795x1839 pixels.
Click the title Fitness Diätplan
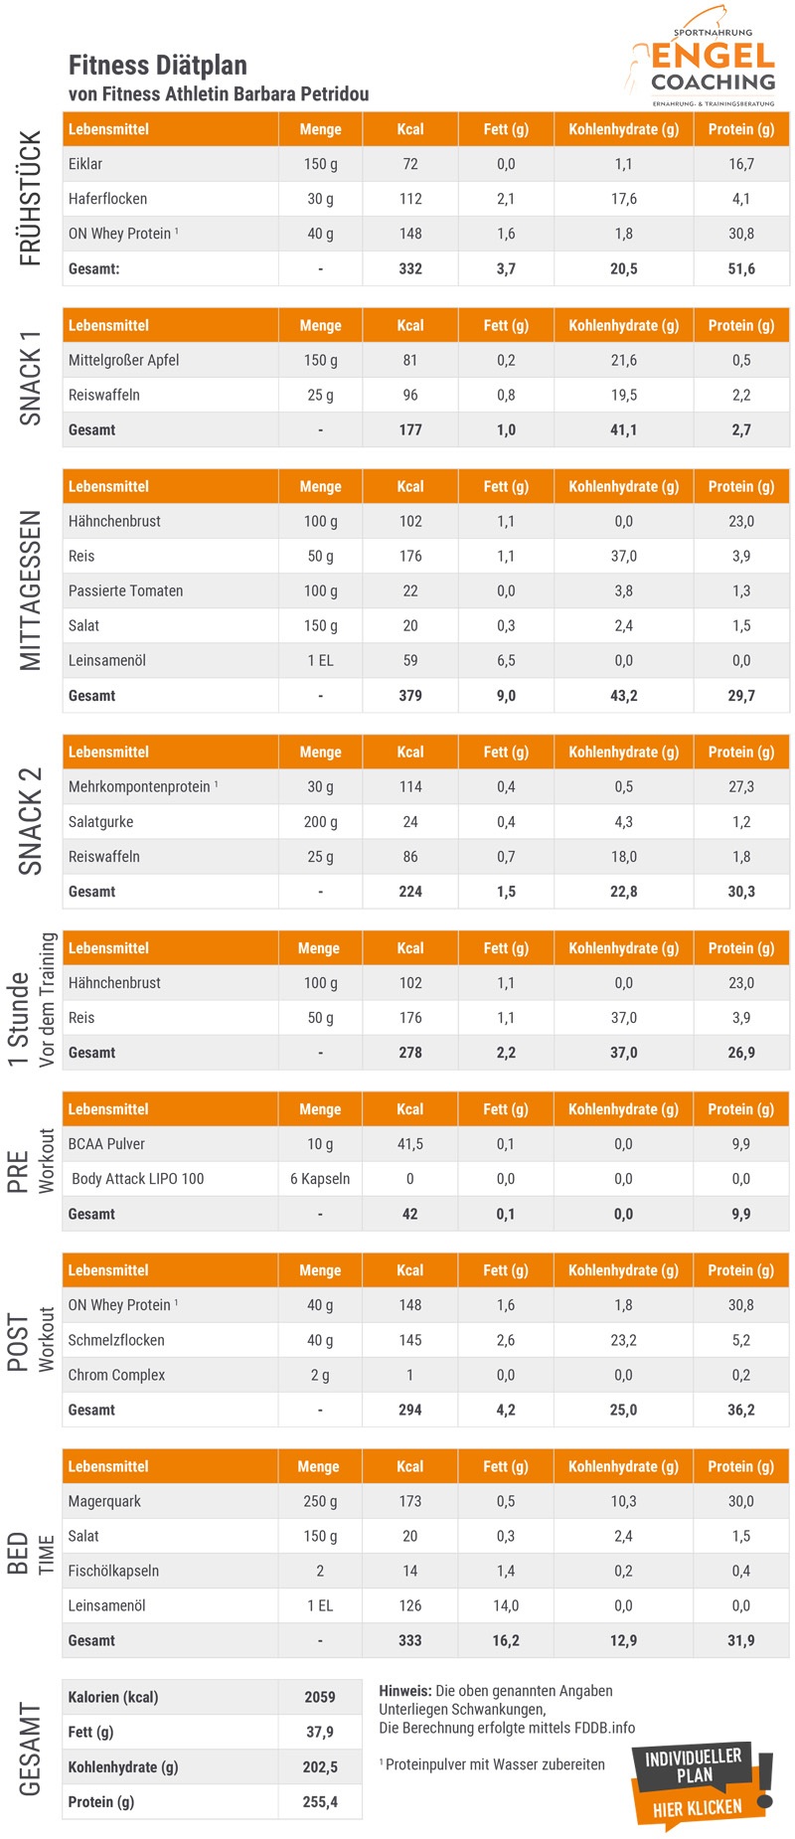158,66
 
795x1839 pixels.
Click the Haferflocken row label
107,199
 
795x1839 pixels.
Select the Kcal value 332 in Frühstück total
410,268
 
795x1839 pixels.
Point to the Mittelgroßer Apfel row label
123,360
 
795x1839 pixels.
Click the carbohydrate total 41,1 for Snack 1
623,429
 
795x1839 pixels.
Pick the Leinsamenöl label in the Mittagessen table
107,660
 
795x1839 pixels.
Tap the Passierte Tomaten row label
125,590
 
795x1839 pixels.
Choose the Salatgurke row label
100,822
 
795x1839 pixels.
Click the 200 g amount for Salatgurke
320,822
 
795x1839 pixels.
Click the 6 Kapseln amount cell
320,1179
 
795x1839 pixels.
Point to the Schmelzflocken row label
116,1340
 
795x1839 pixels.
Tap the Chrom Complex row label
116,1375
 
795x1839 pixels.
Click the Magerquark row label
105,1501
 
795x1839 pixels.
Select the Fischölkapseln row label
113,1571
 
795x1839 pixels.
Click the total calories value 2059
320,1697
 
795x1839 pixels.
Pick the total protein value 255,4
320,1801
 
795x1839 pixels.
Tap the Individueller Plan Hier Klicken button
698,1784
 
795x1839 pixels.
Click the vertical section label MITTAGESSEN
31,590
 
